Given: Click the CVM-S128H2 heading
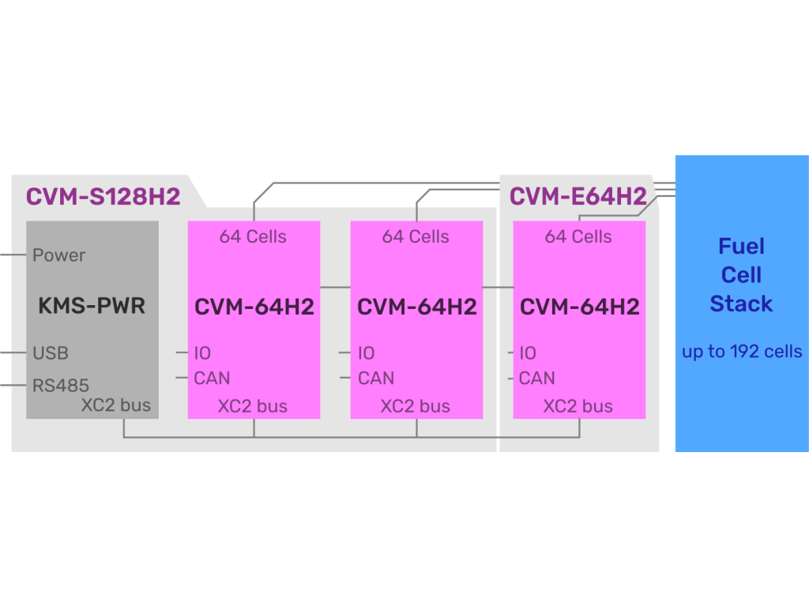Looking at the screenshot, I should (103, 196).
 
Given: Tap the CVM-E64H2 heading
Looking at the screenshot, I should (578, 196).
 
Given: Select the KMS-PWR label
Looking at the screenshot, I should (92, 306).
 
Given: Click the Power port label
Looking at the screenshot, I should (59, 255).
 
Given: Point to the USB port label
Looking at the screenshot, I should (51, 353).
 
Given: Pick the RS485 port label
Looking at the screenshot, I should (61, 386).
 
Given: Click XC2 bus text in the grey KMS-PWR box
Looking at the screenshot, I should (116, 406).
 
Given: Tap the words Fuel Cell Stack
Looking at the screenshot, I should (741, 275).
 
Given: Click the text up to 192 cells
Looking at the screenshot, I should (742, 352).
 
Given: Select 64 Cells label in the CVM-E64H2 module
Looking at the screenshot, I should (578, 236).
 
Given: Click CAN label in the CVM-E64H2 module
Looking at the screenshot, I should (537, 378).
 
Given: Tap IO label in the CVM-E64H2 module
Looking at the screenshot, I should (528, 353).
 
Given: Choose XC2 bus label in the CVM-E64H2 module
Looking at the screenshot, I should (578, 406).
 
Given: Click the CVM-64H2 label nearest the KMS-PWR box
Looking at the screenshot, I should (254, 306).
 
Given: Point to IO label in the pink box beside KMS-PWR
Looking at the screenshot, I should (202, 353).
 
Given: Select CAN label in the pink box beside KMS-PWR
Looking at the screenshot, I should (212, 378).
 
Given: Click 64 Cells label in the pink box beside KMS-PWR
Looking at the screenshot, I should (253, 236).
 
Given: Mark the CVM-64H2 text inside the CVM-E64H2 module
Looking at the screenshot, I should (580, 306).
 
